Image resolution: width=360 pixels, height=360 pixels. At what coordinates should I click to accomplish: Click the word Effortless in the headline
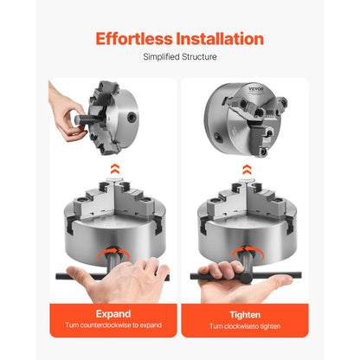(134, 39)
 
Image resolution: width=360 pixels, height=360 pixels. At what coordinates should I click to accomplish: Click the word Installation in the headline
(220, 39)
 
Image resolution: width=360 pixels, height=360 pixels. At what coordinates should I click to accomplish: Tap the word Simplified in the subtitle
(161, 57)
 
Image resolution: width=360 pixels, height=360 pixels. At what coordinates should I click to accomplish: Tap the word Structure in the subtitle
(199, 57)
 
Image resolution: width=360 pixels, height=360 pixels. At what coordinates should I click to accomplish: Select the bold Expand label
(113, 314)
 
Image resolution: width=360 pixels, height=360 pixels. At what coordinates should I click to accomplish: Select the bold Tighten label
(245, 315)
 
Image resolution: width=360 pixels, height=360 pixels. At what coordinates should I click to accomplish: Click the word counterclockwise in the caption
(106, 325)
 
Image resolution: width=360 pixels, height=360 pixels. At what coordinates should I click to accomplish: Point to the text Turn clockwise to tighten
(245, 326)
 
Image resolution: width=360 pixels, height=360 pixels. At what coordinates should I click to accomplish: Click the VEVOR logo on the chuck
(256, 89)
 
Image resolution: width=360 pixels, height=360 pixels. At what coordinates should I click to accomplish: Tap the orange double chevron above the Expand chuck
(115, 169)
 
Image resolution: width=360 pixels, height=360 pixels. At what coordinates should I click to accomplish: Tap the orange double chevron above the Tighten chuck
(247, 170)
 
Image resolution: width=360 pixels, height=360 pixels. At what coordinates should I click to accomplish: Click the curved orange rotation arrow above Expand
(113, 254)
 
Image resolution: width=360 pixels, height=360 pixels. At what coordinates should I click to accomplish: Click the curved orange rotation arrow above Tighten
(247, 252)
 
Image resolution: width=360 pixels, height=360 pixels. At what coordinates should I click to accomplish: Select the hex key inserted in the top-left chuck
(87, 119)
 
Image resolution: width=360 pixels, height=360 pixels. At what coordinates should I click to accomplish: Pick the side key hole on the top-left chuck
(132, 117)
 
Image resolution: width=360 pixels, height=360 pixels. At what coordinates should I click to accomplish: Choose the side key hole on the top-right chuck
(219, 138)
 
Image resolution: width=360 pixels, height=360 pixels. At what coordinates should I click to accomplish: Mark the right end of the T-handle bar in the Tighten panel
(300, 275)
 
